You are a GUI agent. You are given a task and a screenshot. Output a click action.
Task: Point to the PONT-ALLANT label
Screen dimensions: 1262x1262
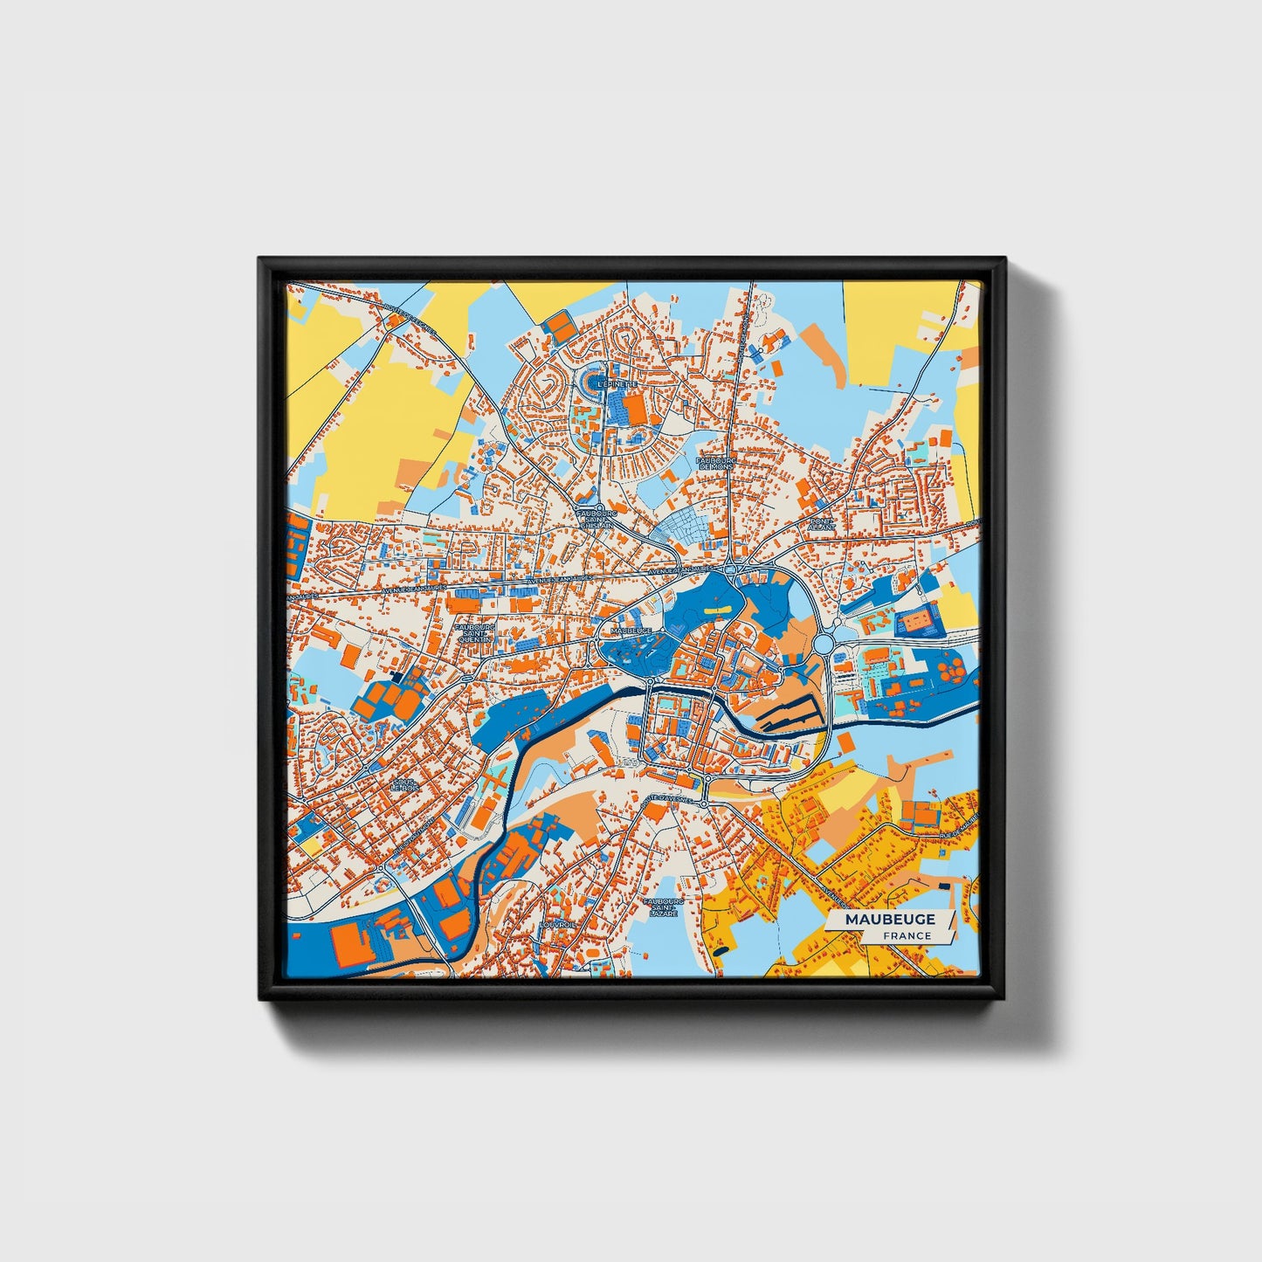tap(823, 524)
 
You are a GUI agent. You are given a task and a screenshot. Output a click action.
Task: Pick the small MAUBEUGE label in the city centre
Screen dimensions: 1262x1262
tap(631, 629)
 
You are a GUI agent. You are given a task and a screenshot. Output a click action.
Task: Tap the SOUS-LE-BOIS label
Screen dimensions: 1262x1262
tap(403, 784)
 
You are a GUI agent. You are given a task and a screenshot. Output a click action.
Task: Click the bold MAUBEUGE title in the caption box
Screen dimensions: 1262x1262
tap(890, 919)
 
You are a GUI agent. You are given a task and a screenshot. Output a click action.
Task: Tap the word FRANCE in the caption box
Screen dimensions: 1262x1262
tap(907, 935)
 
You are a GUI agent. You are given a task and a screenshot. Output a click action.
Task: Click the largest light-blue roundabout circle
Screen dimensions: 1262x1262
tap(824, 645)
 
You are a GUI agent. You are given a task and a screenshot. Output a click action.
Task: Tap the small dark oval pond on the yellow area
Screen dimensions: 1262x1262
tap(721, 948)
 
